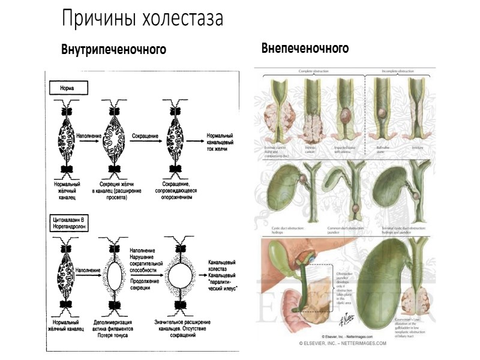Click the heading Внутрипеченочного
tap(113, 49)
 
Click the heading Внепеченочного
tap(305, 48)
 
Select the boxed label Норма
tap(67, 88)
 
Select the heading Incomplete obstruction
tap(397, 71)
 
